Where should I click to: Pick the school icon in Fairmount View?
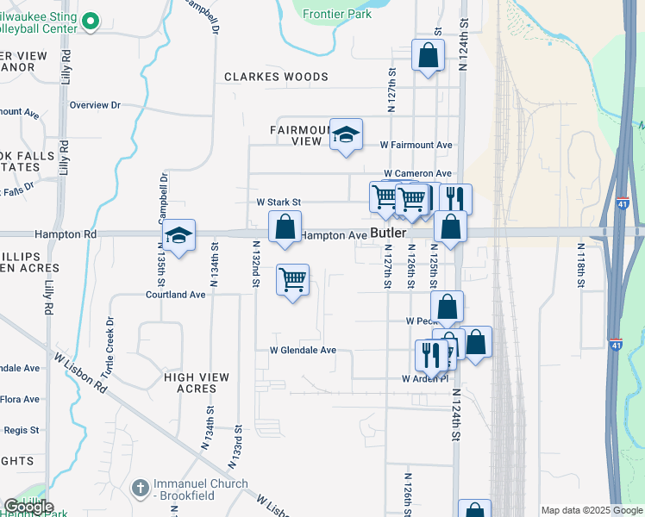coord(347,135)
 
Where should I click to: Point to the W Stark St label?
coord(279,202)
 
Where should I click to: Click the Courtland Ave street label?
coord(175,294)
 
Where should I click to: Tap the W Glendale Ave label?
coord(303,351)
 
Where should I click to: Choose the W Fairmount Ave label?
coord(416,146)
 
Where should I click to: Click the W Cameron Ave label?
coord(417,174)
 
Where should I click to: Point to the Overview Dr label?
coord(95,105)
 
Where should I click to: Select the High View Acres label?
coord(197,383)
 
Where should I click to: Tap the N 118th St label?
coord(581,263)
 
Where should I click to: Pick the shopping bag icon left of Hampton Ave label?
coord(285,228)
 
